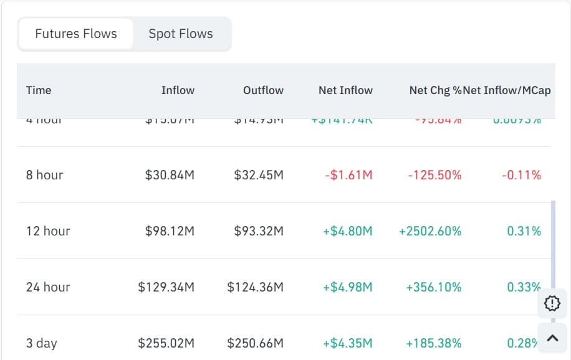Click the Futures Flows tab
point(76,34)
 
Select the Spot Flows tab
point(181,34)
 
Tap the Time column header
point(39,90)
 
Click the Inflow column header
point(178,90)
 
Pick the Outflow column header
point(263,90)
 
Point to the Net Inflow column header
point(345,90)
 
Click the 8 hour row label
point(45,175)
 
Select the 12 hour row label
point(48,231)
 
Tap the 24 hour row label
point(48,287)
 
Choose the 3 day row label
point(42,343)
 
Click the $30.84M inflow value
point(170,175)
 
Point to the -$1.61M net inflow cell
point(348,175)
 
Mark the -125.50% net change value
point(434,175)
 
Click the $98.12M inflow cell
point(170,231)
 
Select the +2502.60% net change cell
point(430,231)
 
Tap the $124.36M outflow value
point(255,287)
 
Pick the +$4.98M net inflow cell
point(347,287)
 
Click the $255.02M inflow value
point(166,343)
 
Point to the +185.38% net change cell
point(433,343)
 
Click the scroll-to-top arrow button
point(552,338)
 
